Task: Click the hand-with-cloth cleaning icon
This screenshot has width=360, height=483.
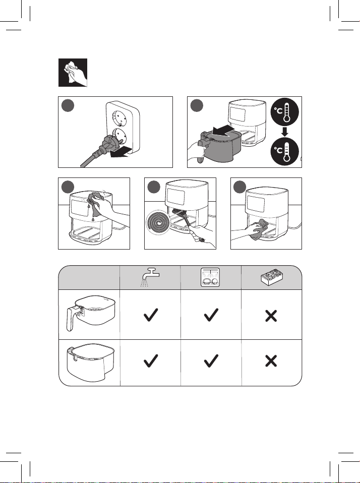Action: (73, 73)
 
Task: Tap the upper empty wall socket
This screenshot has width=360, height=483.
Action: (118, 118)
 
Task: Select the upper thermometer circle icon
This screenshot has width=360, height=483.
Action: (285, 112)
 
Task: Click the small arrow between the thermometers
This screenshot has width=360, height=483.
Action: (285, 132)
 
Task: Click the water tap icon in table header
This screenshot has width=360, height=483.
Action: (150, 277)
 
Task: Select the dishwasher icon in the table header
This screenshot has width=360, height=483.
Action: (210, 277)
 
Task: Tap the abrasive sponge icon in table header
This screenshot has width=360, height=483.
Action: (272, 277)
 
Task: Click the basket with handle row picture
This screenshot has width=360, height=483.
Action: (91, 313)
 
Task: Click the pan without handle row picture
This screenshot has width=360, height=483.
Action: (91, 362)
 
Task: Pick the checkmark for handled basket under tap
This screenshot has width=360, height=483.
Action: (151, 315)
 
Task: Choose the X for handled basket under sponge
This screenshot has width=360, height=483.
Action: (271, 316)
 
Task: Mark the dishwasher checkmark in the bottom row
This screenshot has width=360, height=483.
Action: (211, 360)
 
